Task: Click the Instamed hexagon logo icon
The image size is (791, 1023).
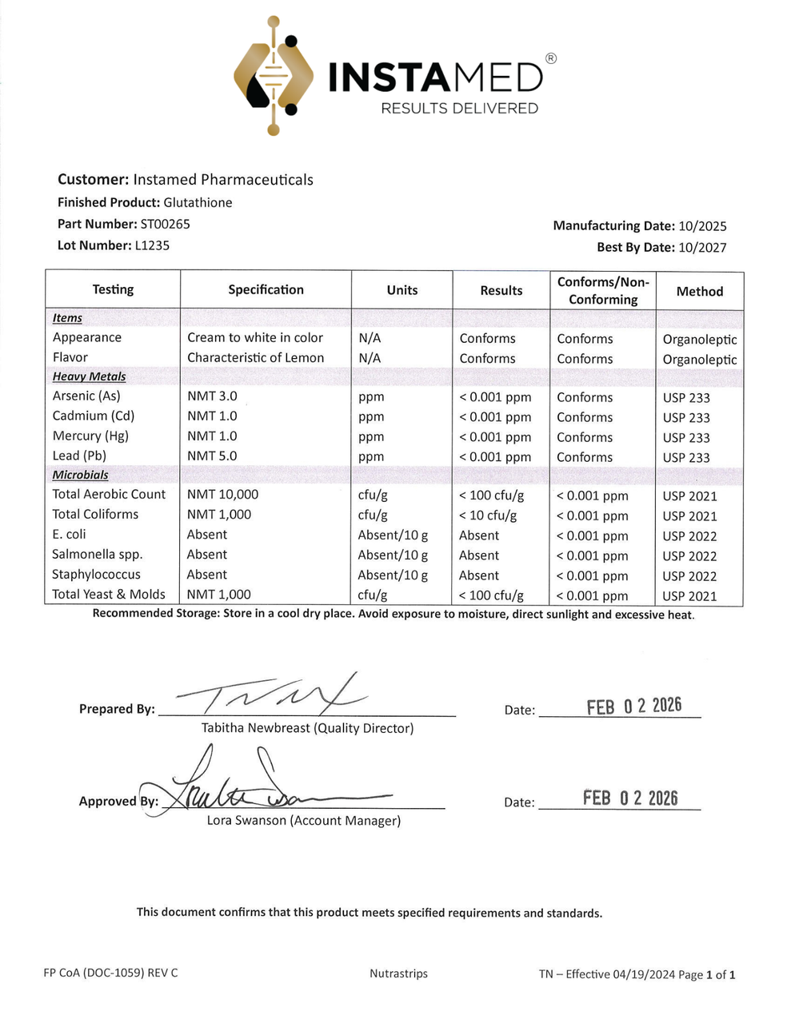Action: [x=274, y=76]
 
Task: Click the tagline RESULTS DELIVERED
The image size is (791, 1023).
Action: [x=459, y=108]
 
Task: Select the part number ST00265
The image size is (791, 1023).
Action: [x=165, y=224]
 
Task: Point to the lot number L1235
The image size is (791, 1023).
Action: [x=152, y=245]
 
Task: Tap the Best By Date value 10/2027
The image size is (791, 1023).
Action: [x=702, y=247]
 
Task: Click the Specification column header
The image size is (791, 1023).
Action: [x=266, y=289]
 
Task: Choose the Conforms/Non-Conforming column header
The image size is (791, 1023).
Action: [x=603, y=290]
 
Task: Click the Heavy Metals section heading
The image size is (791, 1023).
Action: [x=89, y=376]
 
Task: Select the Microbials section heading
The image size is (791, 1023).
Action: [x=80, y=475]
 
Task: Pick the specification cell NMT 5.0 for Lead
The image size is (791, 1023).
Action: [x=212, y=456]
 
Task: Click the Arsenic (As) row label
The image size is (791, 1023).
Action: [x=86, y=396]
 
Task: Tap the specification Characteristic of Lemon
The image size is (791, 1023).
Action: [x=255, y=357]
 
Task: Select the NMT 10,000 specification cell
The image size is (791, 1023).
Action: [x=222, y=494]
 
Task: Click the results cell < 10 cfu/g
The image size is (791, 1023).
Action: [x=488, y=515]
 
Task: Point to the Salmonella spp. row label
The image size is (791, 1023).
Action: [x=96, y=554]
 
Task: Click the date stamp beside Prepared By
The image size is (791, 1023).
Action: [x=633, y=706]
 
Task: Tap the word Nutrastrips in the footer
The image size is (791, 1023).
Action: [x=398, y=973]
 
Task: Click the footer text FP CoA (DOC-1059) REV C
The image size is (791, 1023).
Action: [x=110, y=973]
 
